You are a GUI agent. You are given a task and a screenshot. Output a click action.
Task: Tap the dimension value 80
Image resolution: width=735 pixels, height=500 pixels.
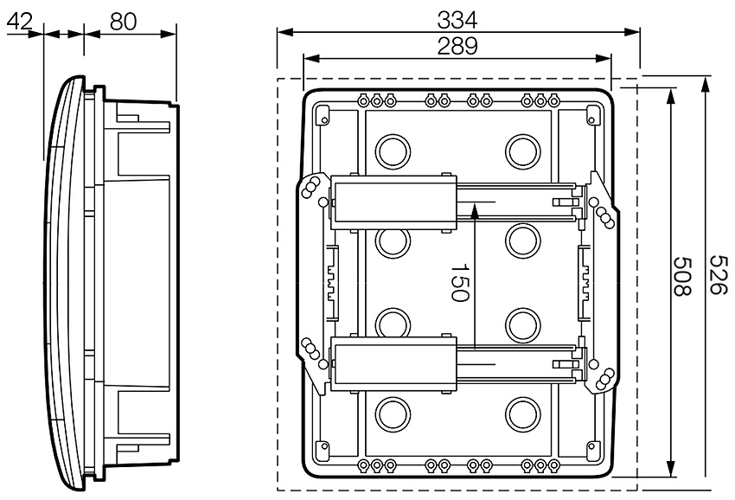point(124,22)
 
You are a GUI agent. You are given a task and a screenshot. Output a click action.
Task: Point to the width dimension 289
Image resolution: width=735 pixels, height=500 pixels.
point(457,46)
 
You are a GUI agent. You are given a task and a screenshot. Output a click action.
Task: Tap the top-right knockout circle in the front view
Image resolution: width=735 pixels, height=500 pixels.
point(522,151)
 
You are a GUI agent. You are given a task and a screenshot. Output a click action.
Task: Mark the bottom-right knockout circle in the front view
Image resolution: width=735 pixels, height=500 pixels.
point(522,412)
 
